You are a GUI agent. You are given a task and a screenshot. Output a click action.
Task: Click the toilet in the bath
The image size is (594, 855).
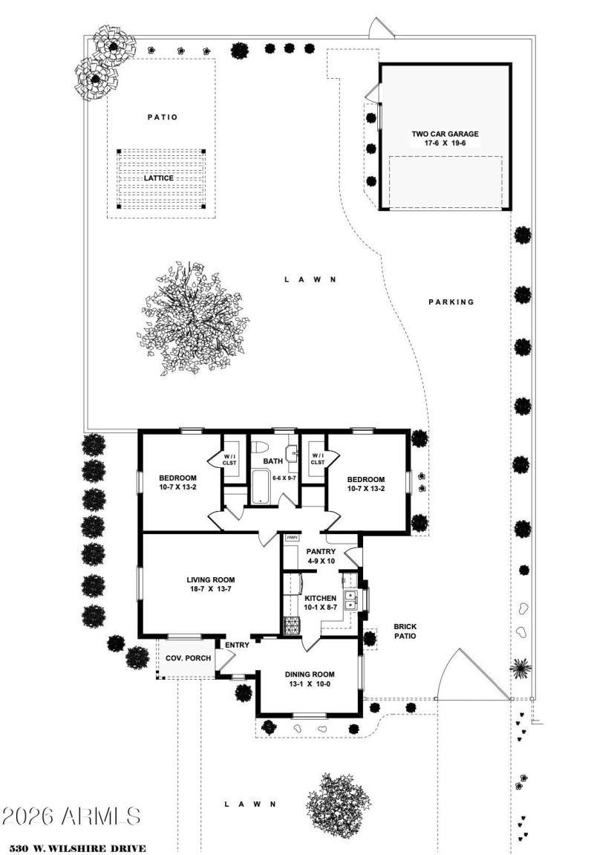(x=260, y=448)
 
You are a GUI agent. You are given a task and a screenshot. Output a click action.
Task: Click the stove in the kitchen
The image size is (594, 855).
(x=288, y=626)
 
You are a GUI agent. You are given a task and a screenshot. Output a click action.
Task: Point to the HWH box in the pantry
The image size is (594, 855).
(x=292, y=538)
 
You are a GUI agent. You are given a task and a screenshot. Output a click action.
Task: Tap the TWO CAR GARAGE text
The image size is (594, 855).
(x=445, y=134)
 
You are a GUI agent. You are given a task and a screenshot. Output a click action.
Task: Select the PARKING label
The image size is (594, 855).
(x=451, y=302)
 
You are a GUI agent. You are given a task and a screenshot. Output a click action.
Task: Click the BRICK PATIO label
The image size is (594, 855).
(x=405, y=631)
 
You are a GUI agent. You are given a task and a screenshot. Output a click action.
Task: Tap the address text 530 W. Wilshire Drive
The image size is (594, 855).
(x=78, y=848)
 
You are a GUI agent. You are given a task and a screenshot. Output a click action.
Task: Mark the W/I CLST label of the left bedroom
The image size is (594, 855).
(x=229, y=459)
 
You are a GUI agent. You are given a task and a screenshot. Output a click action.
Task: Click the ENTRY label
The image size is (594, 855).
(x=237, y=645)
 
